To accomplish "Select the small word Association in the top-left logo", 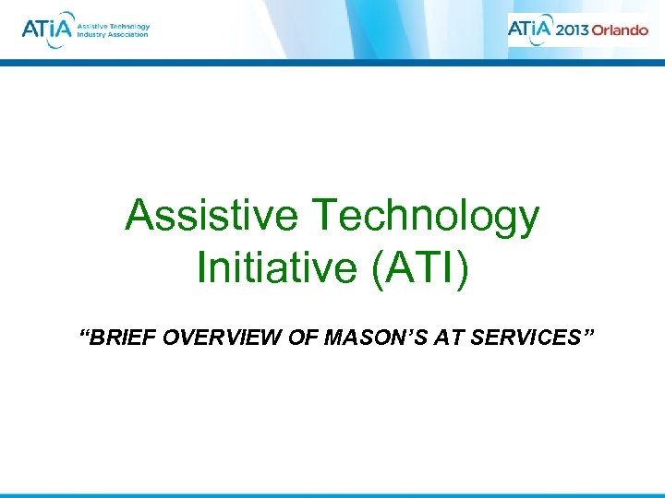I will point(129,35).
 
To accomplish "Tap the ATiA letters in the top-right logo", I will point(531,29).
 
